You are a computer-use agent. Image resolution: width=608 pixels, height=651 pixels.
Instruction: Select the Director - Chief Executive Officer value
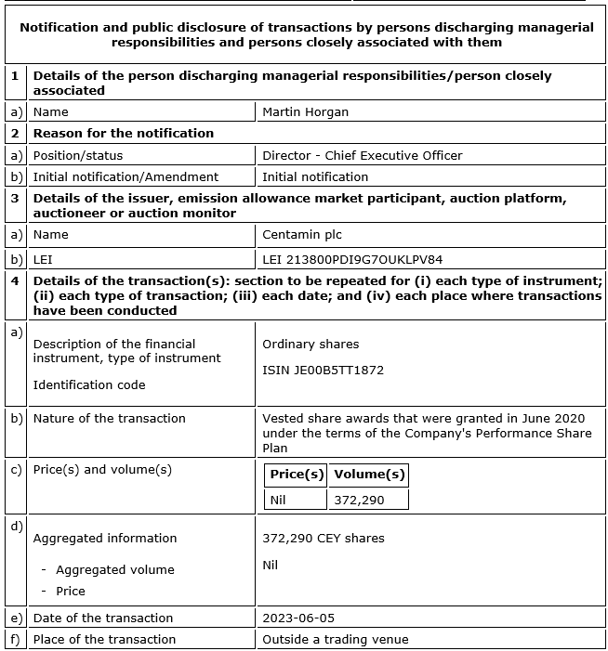[362, 155]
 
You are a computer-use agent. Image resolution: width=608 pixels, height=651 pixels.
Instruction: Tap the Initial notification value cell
[315, 176]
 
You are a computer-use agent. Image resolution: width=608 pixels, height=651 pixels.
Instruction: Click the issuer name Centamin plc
[302, 235]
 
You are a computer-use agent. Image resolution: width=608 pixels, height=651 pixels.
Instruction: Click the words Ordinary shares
[311, 344]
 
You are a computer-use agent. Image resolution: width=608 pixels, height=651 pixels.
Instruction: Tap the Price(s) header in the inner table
[297, 475]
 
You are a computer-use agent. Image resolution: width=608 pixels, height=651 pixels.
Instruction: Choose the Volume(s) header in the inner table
[369, 475]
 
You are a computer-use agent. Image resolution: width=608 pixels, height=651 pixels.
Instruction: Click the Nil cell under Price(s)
[278, 500]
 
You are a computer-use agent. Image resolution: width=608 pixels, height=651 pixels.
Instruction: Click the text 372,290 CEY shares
[323, 538]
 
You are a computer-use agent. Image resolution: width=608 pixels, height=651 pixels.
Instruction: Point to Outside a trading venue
[336, 639]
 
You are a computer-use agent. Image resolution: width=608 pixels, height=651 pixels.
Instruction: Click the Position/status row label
[78, 155]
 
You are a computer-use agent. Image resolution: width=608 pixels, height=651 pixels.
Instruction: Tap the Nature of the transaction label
[109, 418]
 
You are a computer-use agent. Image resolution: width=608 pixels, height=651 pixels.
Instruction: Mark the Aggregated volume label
[115, 569]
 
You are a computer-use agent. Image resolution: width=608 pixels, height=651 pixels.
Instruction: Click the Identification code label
[89, 384]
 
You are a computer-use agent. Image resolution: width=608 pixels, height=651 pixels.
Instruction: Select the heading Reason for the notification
[124, 134]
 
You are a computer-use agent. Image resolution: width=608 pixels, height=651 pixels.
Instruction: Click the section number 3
[15, 198]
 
